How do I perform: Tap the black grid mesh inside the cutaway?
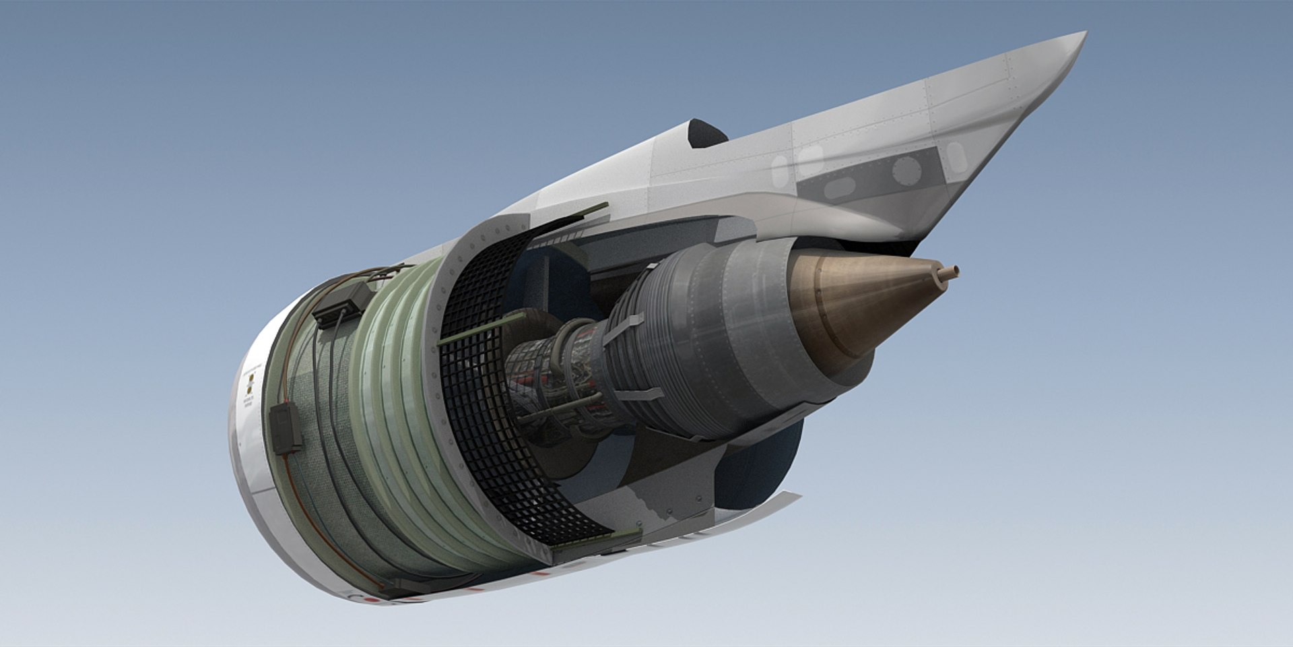coord(485,431)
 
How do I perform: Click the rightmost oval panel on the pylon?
coord(956,155)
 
